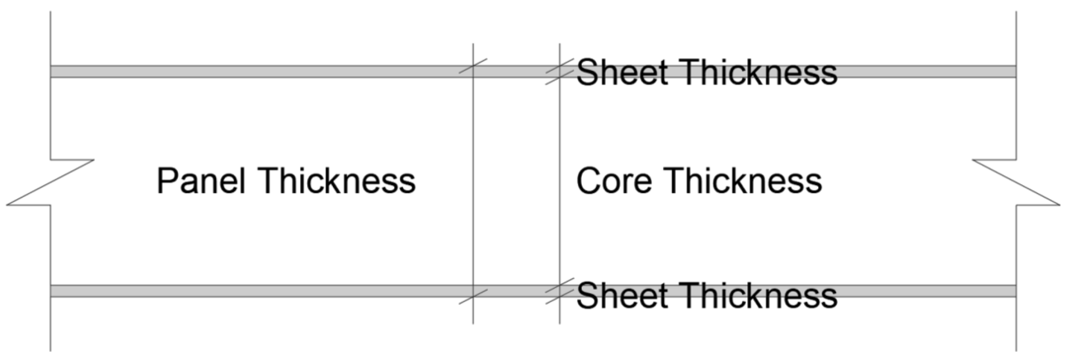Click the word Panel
point(201,181)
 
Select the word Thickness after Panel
point(337,181)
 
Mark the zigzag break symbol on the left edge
point(51,183)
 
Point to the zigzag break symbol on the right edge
point(1016,183)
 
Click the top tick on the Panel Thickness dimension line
point(473,66)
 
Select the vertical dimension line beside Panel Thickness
point(473,183)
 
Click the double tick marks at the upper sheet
point(560,72)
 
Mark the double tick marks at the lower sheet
point(560,291)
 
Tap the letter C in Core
point(588,181)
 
